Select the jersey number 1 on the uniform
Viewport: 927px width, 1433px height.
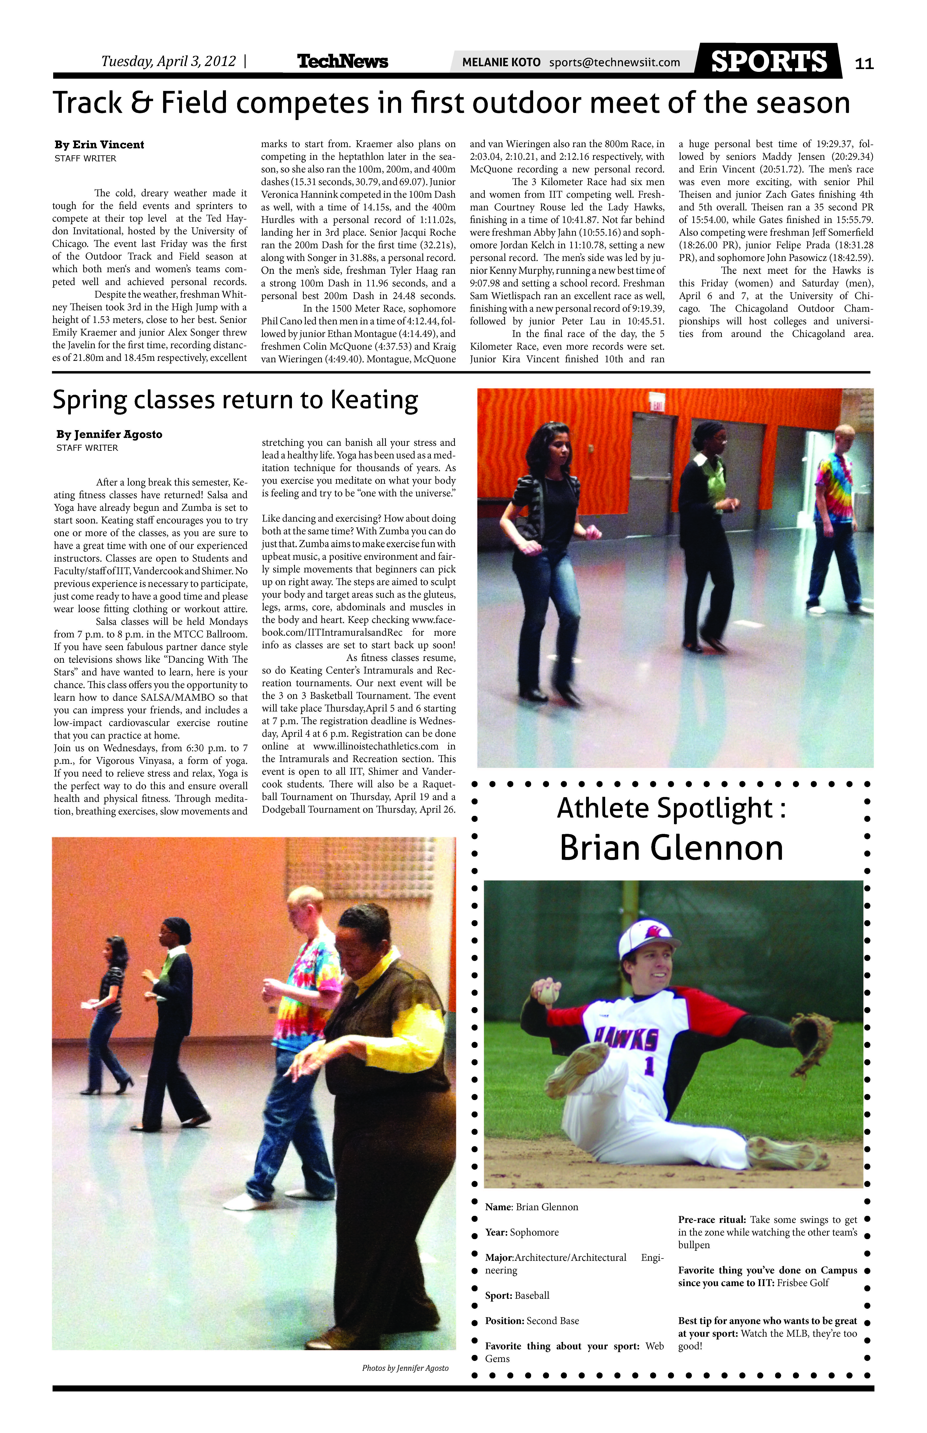point(649,1066)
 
